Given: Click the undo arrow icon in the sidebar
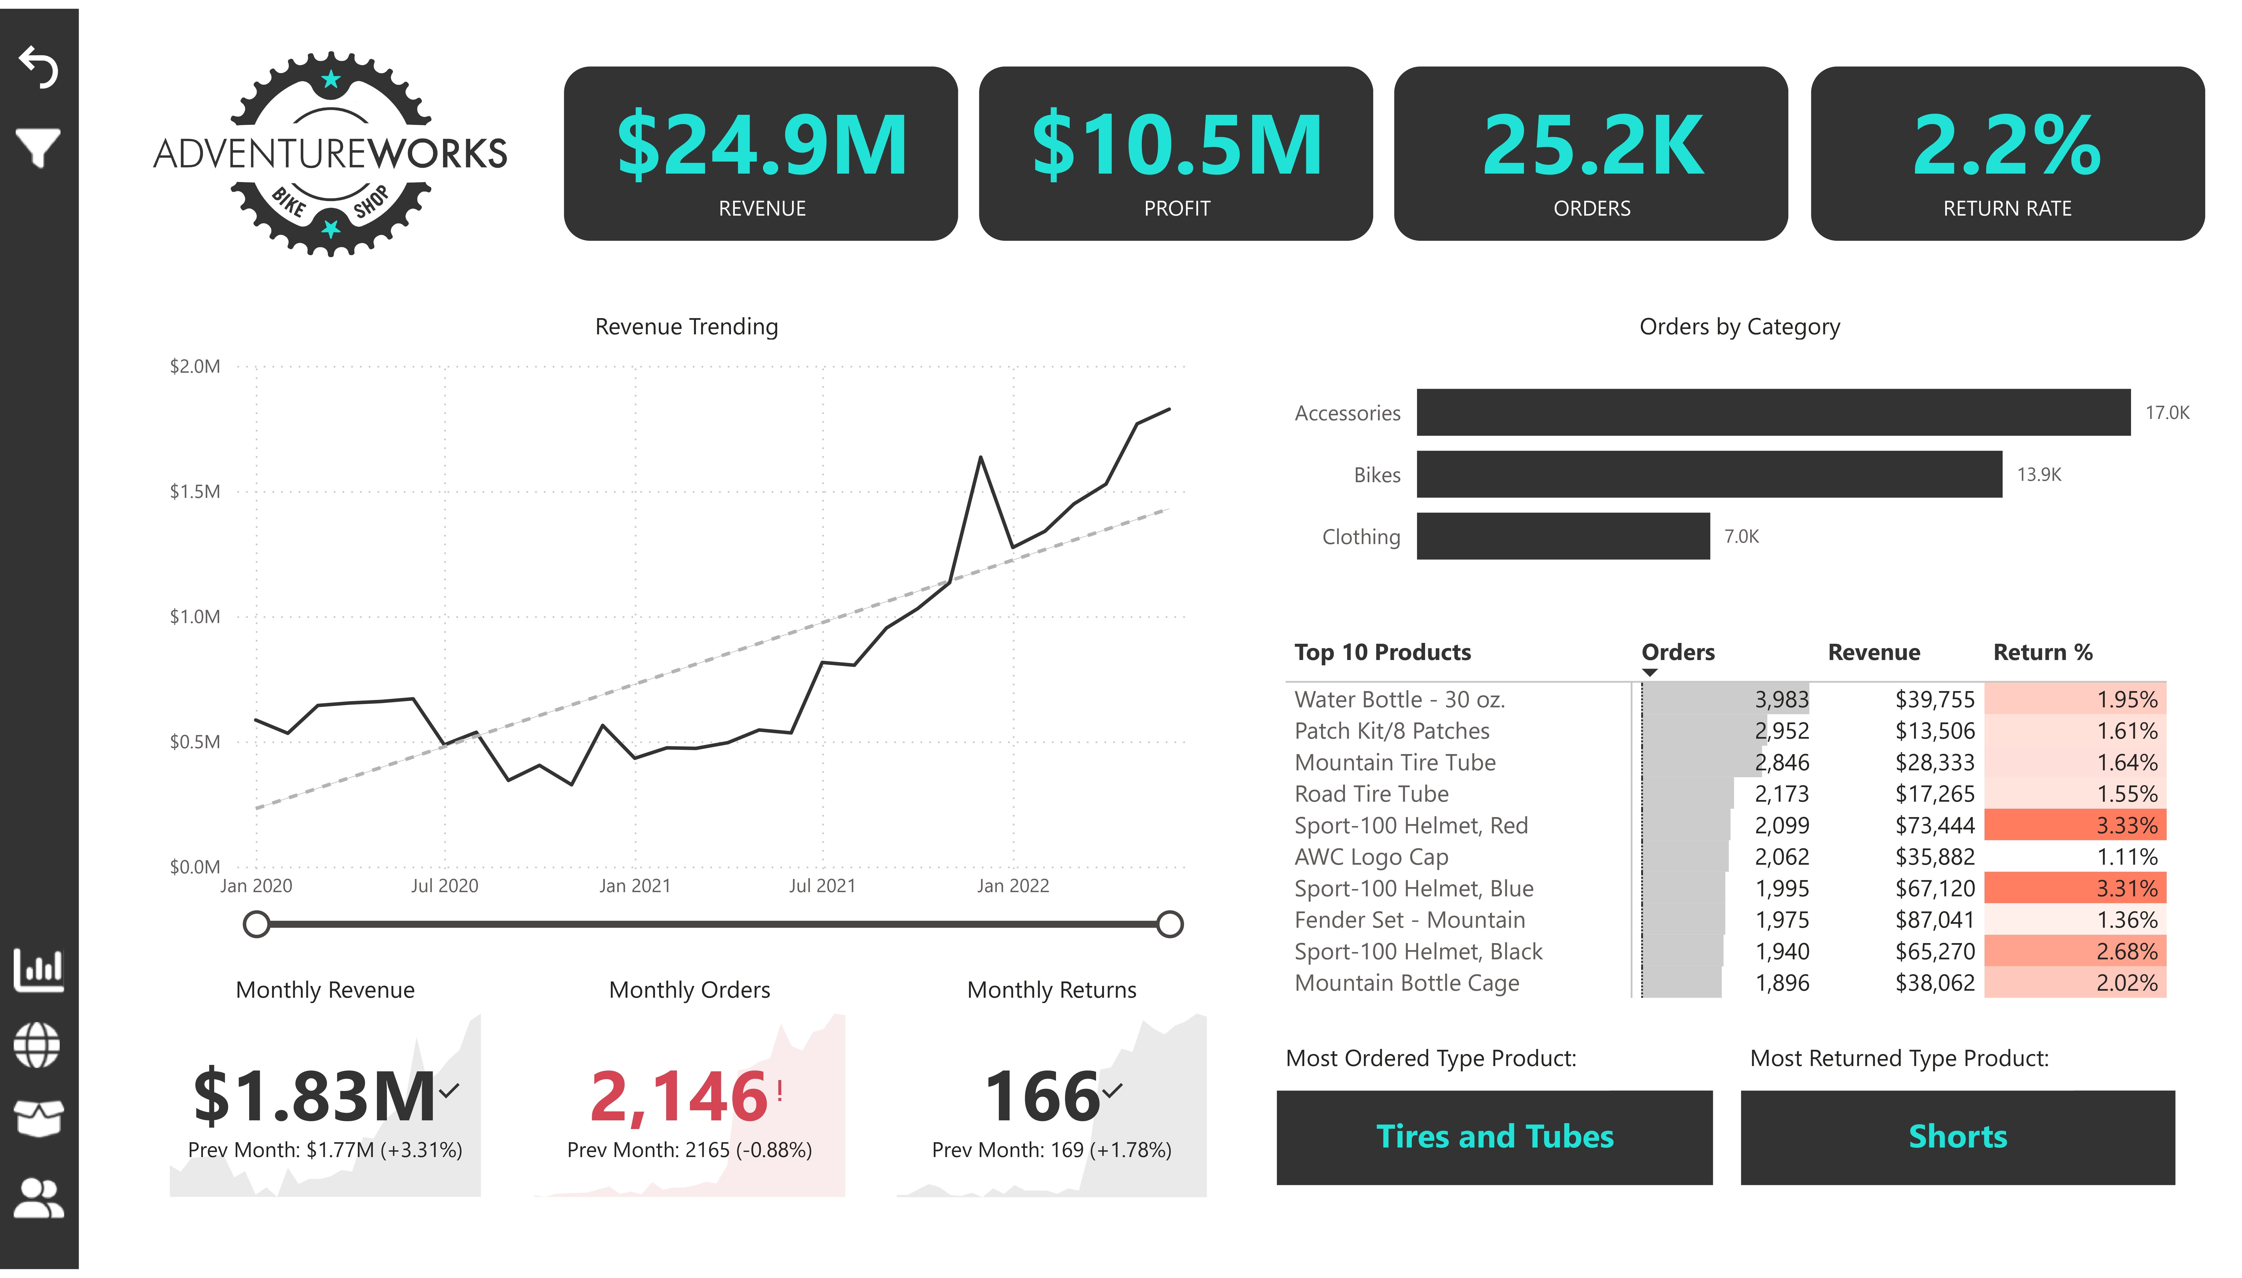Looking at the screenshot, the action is pyautogui.click(x=39, y=67).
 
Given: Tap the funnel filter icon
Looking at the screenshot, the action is pyautogui.click(x=38, y=148).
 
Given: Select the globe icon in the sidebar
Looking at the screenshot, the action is pyautogui.click(x=38, y=1045).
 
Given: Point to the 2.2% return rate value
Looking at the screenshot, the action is pyautogui.click(x=2007, y=146).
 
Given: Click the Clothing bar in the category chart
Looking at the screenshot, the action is pyautogui.click(x=1563, y=536).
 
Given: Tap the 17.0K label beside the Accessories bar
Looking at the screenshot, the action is pyautogui.click(x=2167, y=412).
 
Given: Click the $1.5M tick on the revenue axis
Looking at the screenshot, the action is pyautogui.click(x=195, y=491).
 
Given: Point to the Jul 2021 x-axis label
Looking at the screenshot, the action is pyautogui.click(x=822, y=886).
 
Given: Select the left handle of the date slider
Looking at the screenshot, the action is pyautogui.click(x=256, y=924).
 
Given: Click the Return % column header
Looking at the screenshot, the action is pyautogui.click(x=2043, y=652).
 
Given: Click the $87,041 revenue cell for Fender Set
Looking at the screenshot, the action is pyautogui.click(x=1935, y=920).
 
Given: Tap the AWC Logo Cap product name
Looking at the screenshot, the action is pyautogui.click(x=1371, y=857).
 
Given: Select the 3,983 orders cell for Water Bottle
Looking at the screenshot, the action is pyautogui.click(x=1782, y=699).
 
